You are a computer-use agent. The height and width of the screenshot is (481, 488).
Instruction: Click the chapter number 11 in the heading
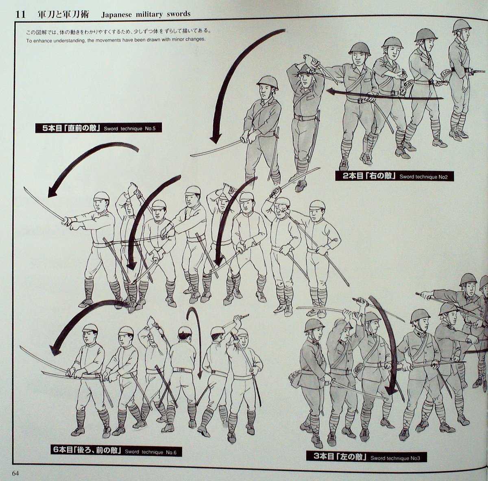[21, 15]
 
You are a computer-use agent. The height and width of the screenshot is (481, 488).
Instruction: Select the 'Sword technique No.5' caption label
[129, 129]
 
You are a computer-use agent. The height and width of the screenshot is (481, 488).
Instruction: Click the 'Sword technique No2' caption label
[423, 177]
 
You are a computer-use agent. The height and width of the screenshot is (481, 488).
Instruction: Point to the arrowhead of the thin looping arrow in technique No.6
[200, 375]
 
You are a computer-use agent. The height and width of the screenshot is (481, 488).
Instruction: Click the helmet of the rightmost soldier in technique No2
[462, 25]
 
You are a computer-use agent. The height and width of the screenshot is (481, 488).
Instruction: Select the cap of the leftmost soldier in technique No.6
[90, 328]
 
